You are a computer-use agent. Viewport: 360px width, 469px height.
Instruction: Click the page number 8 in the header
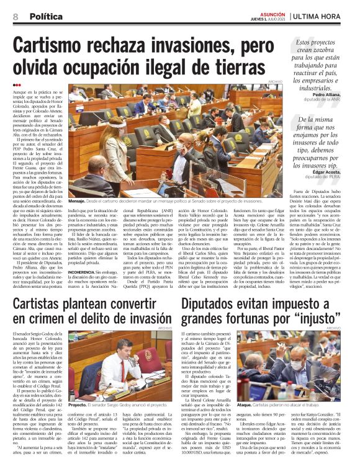(14, 16)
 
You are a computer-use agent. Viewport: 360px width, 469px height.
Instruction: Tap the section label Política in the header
(44, 16)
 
